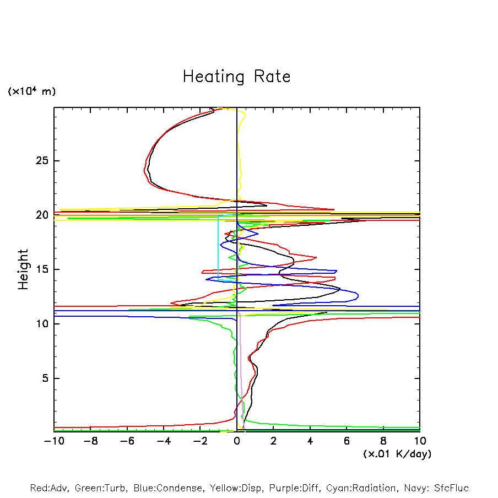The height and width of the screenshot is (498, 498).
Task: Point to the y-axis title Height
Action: [23, 269]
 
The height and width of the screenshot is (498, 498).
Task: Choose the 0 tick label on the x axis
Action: [237, 441]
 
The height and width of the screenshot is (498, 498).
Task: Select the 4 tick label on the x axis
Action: [310, 441]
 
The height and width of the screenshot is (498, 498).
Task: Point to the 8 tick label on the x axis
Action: [383, 441]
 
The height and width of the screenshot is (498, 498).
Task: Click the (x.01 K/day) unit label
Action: [397, 454]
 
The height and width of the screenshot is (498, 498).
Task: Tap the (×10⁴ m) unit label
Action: [31, 91]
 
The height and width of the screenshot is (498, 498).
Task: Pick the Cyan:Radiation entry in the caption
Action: [361, 488]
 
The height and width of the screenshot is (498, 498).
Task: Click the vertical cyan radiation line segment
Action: [218, 248]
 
